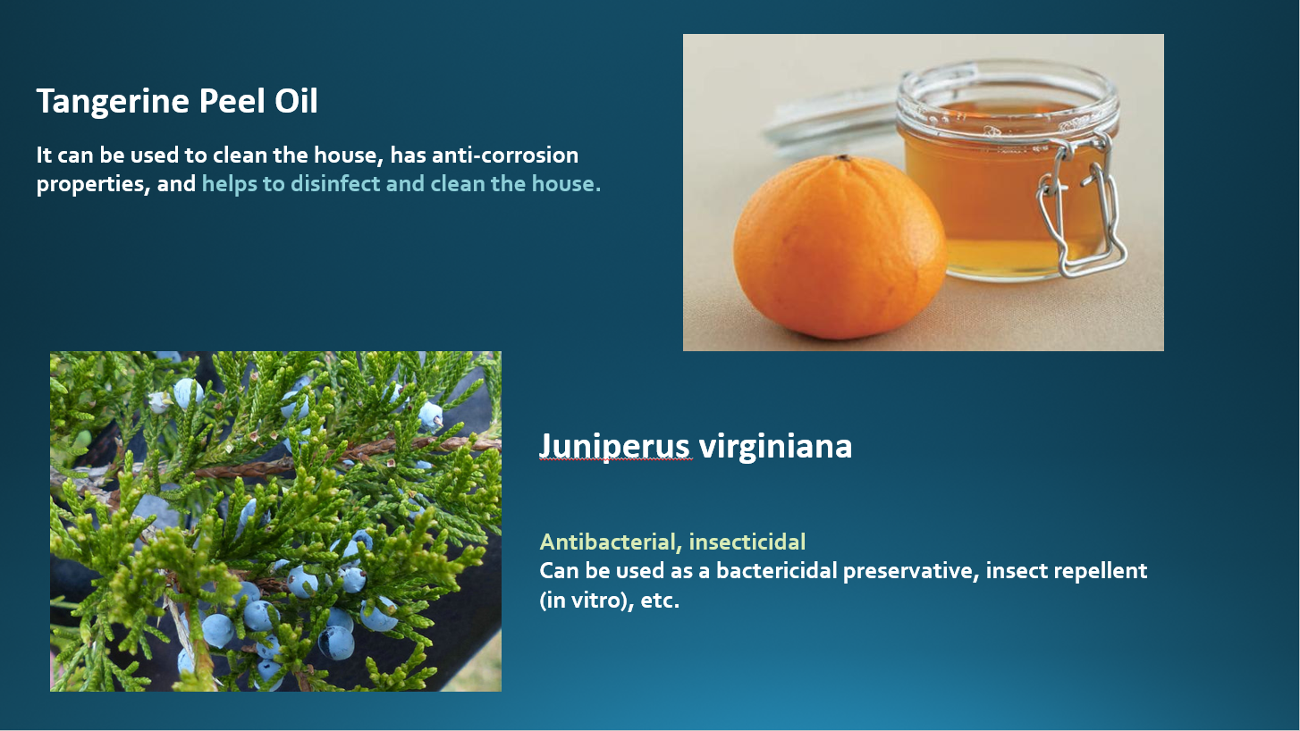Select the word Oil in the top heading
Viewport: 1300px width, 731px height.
296,101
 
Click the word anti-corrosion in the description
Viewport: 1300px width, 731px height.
505,155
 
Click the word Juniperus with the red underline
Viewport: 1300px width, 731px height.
615,447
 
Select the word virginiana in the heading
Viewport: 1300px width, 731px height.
775,447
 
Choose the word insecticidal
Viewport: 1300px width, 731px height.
747,542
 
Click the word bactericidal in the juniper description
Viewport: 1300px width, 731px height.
776,571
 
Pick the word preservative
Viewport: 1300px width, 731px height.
911,572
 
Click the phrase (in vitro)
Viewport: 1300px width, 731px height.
587,601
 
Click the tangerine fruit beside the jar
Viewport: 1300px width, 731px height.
840,247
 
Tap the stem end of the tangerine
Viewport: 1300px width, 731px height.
843,158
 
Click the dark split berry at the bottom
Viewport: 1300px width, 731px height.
336,643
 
